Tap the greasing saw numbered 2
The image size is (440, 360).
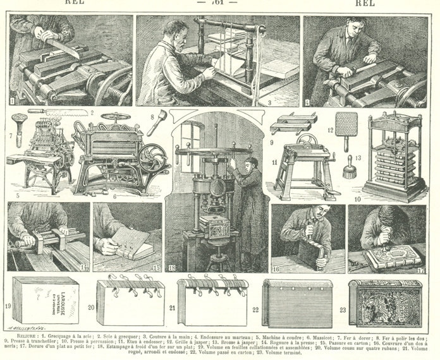pyautogui.click(x=61, y=113)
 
